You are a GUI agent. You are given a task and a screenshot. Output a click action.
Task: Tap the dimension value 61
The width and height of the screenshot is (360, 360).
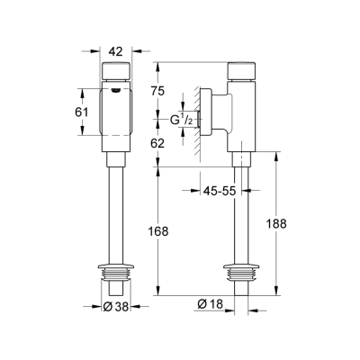(79, 112)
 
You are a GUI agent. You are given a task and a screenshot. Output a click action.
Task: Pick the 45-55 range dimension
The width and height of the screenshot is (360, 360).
(219, 191)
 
